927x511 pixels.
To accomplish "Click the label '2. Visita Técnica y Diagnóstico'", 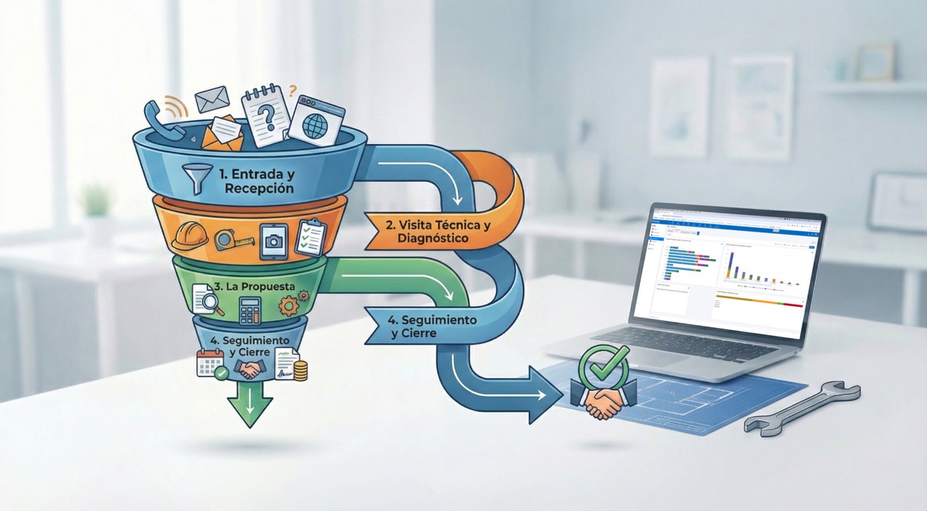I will pyautogui.click(x=437, y=231).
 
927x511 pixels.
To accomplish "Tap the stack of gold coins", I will pyautogui.click(x=298, y=369).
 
